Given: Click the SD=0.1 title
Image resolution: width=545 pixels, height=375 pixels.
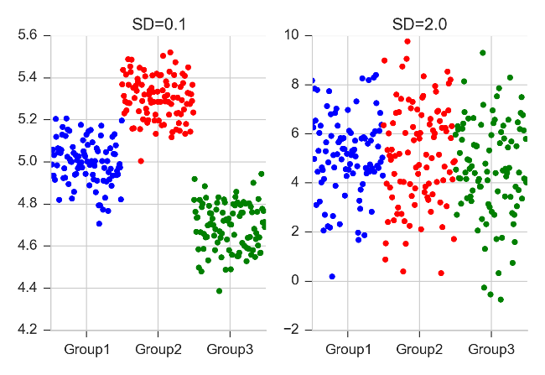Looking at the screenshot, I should tap(158, 24).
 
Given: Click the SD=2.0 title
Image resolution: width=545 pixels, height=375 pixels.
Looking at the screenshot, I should tap(419, 24).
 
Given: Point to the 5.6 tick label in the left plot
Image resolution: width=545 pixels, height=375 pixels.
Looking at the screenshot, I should tap(28, 35).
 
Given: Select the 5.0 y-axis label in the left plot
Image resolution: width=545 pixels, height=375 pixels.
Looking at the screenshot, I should tap(28, 161).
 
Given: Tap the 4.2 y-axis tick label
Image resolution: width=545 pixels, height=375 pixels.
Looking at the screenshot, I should tap(28, 329).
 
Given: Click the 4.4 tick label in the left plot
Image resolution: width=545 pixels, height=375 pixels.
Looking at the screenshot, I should tap(28, 287).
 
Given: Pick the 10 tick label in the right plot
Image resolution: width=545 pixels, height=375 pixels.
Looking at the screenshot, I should tap(293, 35).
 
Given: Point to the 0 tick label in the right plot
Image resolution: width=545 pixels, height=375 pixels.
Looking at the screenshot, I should tap(296, 280).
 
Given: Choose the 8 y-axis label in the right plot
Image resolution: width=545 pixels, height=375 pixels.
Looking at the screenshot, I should tap(296, 84).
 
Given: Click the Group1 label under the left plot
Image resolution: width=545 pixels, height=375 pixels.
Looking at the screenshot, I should tap(86, 348).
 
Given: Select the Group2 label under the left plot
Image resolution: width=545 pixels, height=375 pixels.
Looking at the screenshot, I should tap(158, 348).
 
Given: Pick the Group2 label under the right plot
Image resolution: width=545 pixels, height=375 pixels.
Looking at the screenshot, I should tap(419, 348).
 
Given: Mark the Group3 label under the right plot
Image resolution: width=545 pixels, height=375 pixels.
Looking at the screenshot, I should tap(491, 348).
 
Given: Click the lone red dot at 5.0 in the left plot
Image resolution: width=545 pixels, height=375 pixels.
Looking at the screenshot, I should tap(141, 161).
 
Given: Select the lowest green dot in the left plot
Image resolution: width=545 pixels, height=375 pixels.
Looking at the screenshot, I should tap(219, 291).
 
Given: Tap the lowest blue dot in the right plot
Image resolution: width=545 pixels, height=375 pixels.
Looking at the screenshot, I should tap(332, 276).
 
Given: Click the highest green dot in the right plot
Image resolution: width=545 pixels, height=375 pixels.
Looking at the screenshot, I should tap(482, 53).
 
